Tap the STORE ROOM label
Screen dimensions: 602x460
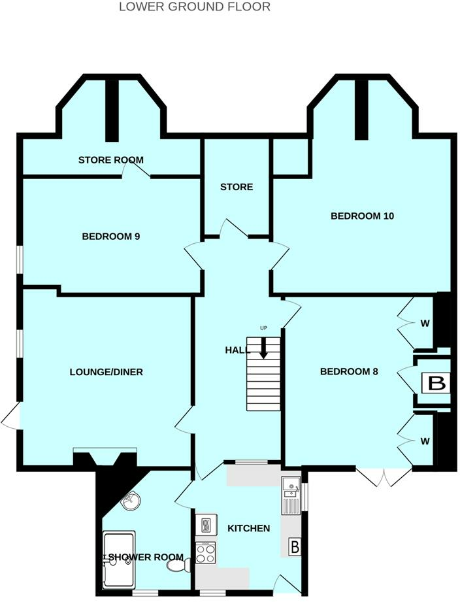(110, 160)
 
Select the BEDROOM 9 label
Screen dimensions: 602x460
(111, 236)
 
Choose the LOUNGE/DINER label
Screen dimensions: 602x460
(106, 372)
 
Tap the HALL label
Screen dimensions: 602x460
(237, 350)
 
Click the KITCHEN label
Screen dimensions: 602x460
(248, 528)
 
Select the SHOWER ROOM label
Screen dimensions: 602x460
(146, 557)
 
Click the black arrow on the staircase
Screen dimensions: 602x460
(263, 348)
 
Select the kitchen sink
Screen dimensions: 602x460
(291, 495)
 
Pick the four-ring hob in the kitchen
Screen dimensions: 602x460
(206, 553)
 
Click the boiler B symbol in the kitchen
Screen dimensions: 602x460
(295, 547)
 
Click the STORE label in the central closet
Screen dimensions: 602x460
(236, 187)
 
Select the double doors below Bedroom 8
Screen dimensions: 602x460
(384, 477)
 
